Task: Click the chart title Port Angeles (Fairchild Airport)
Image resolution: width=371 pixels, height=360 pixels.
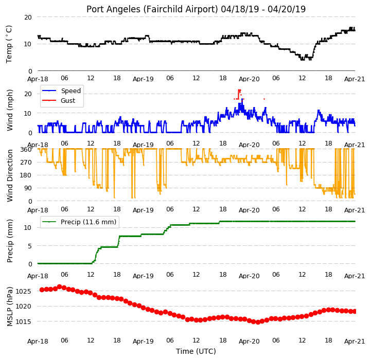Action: pyautogui.click(x=152, y=9)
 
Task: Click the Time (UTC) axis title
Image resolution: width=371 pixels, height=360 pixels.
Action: pyautogui.click(x=196, y=351)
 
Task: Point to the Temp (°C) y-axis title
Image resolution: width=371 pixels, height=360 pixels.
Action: pyautogui.click(x=9, y=44)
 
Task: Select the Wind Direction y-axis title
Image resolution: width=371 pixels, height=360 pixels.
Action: pyautogui.click(x=9, y=175)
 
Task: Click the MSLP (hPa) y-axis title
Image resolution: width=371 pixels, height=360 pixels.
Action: pyautogui.click(x=9, y=307)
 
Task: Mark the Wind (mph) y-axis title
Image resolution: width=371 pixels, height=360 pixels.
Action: pyautogui.click(x=9, y=110)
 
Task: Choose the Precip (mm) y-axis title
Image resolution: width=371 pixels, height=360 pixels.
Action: pyautogui.click(x=9, y=241)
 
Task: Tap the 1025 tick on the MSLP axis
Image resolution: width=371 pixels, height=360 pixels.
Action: pyautogui.click(x=23, y=291)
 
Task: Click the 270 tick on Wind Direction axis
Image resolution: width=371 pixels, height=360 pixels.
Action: pyautogui.click(x=27, y=163)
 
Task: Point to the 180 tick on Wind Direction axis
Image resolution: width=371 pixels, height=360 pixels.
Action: pyautogui.click(x=27, y=175)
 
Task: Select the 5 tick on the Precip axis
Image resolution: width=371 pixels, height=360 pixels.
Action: pyautogui.click(x=30, y=246)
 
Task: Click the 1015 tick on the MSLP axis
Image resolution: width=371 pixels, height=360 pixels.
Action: pyautogui.click(x=23, y=321)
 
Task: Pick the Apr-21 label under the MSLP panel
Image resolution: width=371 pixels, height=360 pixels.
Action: pyautogui.click(x=355, y=341)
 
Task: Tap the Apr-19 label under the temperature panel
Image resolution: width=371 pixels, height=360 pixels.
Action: pyautogui.click(x=143, y=79)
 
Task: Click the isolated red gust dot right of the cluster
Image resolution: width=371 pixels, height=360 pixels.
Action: pyautogui.click(x=264, y=99)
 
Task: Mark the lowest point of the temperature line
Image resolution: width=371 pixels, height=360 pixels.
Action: pyautogui.click(x=302, y=60)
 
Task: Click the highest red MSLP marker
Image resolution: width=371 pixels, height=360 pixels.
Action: pyautogui.click(x=59, y=286)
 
